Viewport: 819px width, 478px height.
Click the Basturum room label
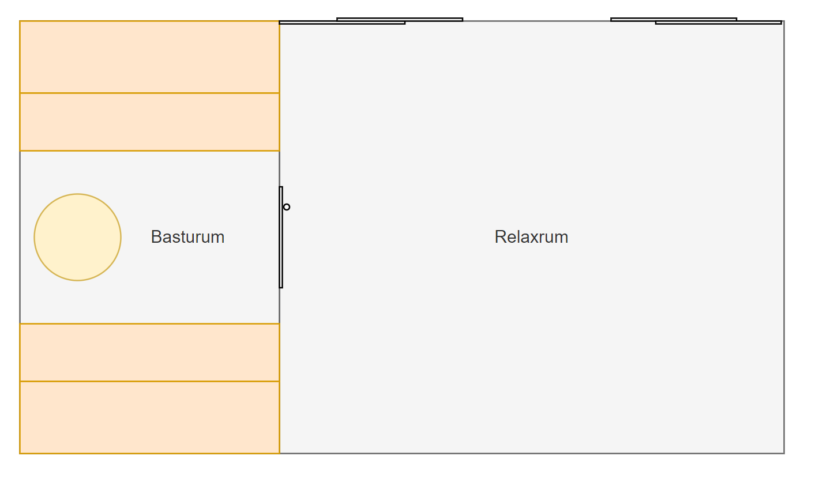(187, 237)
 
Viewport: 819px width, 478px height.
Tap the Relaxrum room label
(531, 237)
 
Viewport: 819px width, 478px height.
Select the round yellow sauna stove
(77, 237)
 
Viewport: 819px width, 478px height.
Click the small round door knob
(287, 207)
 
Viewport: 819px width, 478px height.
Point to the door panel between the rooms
(281, 237)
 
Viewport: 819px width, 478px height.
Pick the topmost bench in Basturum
(149, 57)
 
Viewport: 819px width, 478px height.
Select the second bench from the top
(149, 122)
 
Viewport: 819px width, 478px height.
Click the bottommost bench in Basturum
(149, 417)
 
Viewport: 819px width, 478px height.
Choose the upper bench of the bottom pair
(149, 353)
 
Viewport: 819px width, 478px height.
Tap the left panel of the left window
(342, 22)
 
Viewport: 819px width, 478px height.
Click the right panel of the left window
(400, 20)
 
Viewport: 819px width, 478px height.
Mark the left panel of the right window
(674, 20)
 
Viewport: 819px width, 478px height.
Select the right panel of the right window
(719, 22)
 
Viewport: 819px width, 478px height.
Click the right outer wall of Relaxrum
(784, 237)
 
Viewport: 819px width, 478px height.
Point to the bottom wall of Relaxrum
(532, 454)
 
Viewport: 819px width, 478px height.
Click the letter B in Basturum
(156, 237)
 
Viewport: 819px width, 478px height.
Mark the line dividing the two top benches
(149, 93)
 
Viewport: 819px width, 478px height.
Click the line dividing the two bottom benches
(149, 381)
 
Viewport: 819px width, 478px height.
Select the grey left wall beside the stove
(20, 237)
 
